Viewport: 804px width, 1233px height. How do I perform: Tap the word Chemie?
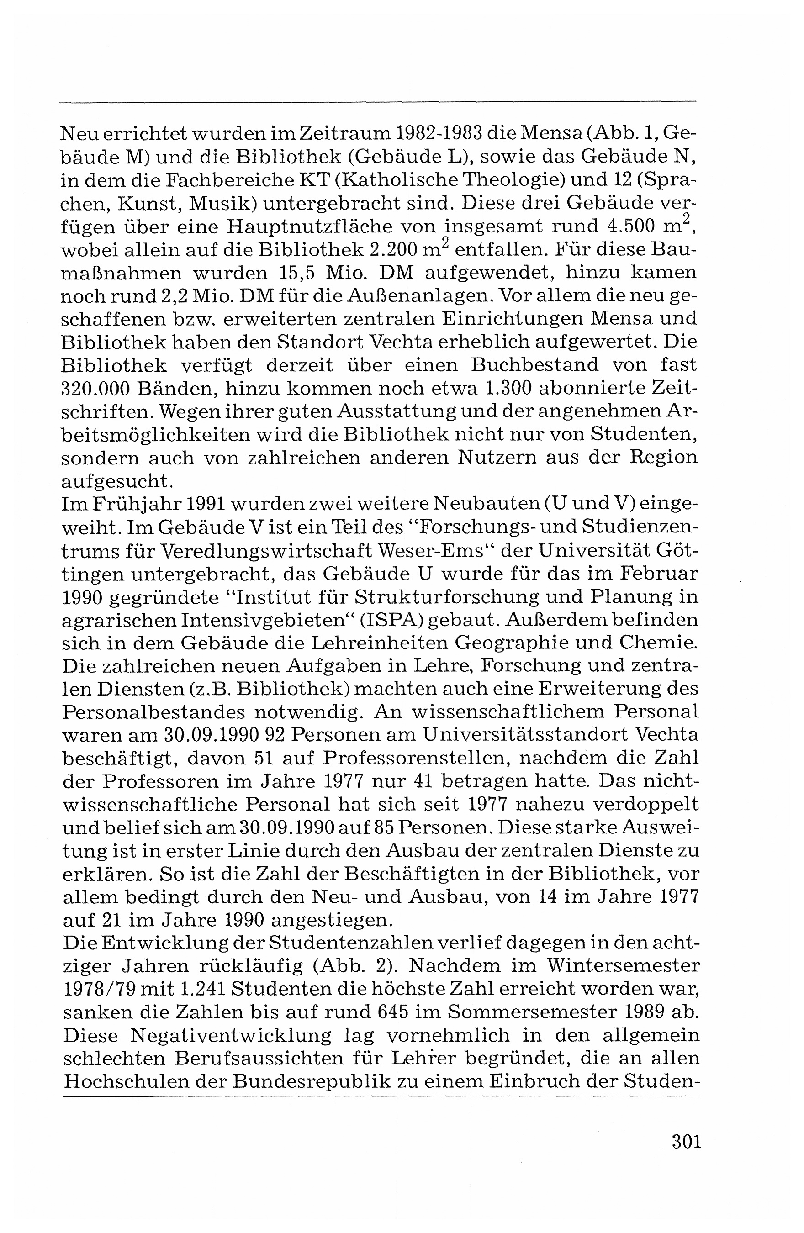(657, 643)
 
